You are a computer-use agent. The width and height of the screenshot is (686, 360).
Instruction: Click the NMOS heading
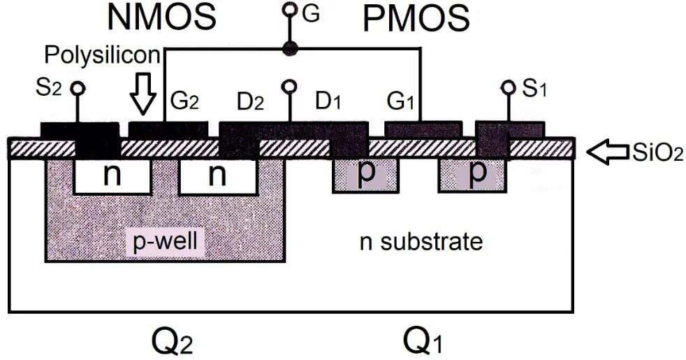click(161, 17)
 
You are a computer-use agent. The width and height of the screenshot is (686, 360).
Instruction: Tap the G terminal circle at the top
click(290, 9)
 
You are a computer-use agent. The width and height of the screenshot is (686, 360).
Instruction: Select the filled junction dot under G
click(290, 49)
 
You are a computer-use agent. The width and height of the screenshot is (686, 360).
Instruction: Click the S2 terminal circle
click(78, 89)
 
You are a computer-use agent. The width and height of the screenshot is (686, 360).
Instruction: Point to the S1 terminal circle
click(509, 87)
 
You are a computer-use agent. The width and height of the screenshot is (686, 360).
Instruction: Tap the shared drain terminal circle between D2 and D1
click(290, 86)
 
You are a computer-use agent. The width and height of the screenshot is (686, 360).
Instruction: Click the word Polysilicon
click(103, 55)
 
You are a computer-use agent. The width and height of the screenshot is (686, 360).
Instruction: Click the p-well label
click(165, 241)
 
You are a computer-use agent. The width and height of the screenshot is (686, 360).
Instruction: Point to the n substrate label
click(421, 241)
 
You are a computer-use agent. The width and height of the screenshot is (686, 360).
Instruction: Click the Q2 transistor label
click(172, 340)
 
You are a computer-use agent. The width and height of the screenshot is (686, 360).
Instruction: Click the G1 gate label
click(400, 101)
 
